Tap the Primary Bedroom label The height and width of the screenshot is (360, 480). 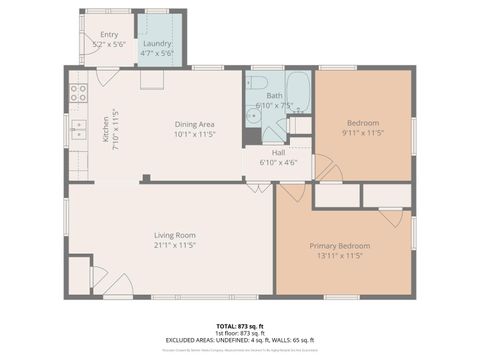point(343,246)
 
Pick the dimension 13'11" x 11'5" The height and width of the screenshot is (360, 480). point(343,256)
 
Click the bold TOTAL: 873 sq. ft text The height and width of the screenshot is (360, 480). point(240,326)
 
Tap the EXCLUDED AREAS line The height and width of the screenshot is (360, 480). point(240,340)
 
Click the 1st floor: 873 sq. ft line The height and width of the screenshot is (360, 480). point(240,333)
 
